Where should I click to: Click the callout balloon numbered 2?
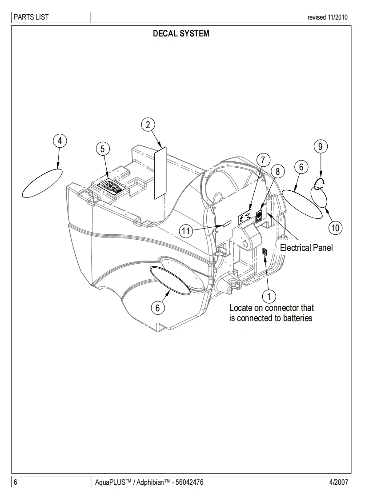(148, 125)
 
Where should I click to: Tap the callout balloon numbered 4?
(60, 141)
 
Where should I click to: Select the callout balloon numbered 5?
(103, 149)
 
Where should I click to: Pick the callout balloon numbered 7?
(263, 159)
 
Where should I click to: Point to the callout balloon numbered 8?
(277, 171)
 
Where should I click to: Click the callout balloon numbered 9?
(320, 146)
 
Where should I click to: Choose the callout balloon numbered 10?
(335, 228)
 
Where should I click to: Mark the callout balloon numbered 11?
(186, 231)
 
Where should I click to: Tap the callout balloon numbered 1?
(269, 296)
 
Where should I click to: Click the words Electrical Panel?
(306, 248)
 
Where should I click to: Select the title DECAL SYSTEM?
(181, 33)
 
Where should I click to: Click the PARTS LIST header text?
(31, 17)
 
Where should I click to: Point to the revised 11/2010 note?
(328, 18)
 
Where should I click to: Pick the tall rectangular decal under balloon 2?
(160, 173)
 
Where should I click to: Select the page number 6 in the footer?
(16, 482)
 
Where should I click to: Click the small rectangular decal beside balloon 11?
(227, 223)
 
